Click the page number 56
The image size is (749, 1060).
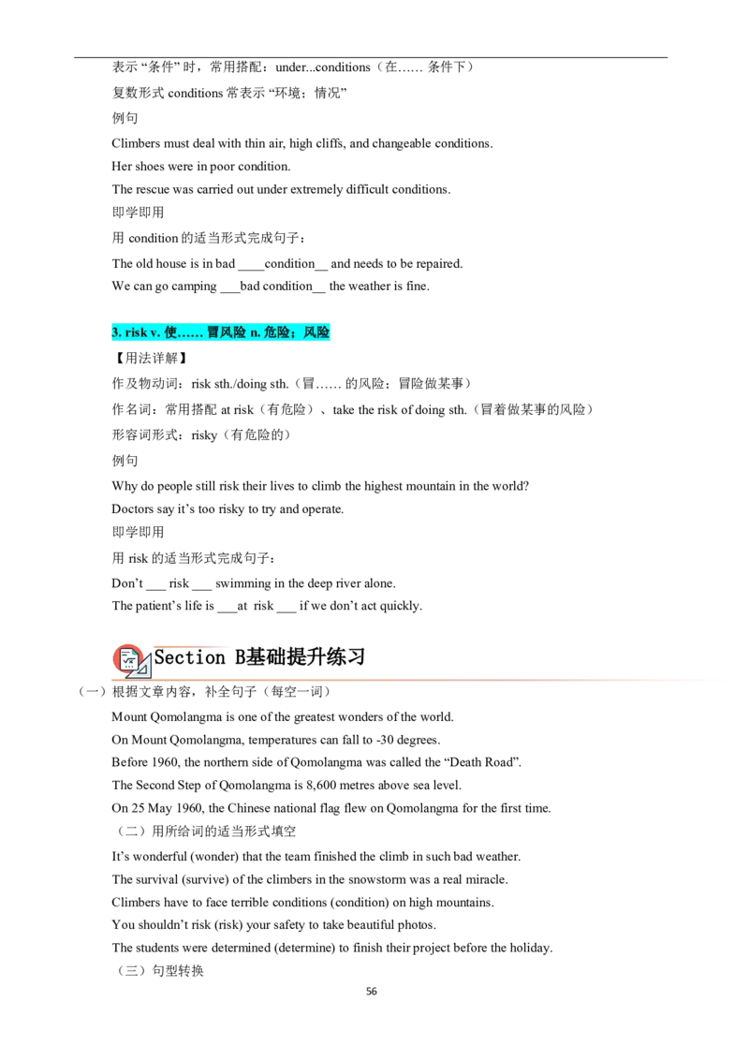point(371,991)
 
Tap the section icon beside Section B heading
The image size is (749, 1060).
point(131,660)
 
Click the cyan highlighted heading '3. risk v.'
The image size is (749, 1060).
point(220,331)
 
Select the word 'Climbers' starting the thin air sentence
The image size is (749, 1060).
point(136,143)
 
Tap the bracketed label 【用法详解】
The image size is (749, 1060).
point(150,358)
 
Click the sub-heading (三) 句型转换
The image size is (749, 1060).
point(160,971)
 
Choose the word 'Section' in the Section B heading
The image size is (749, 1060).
point(189,657)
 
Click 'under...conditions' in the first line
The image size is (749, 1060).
point(323,66)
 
